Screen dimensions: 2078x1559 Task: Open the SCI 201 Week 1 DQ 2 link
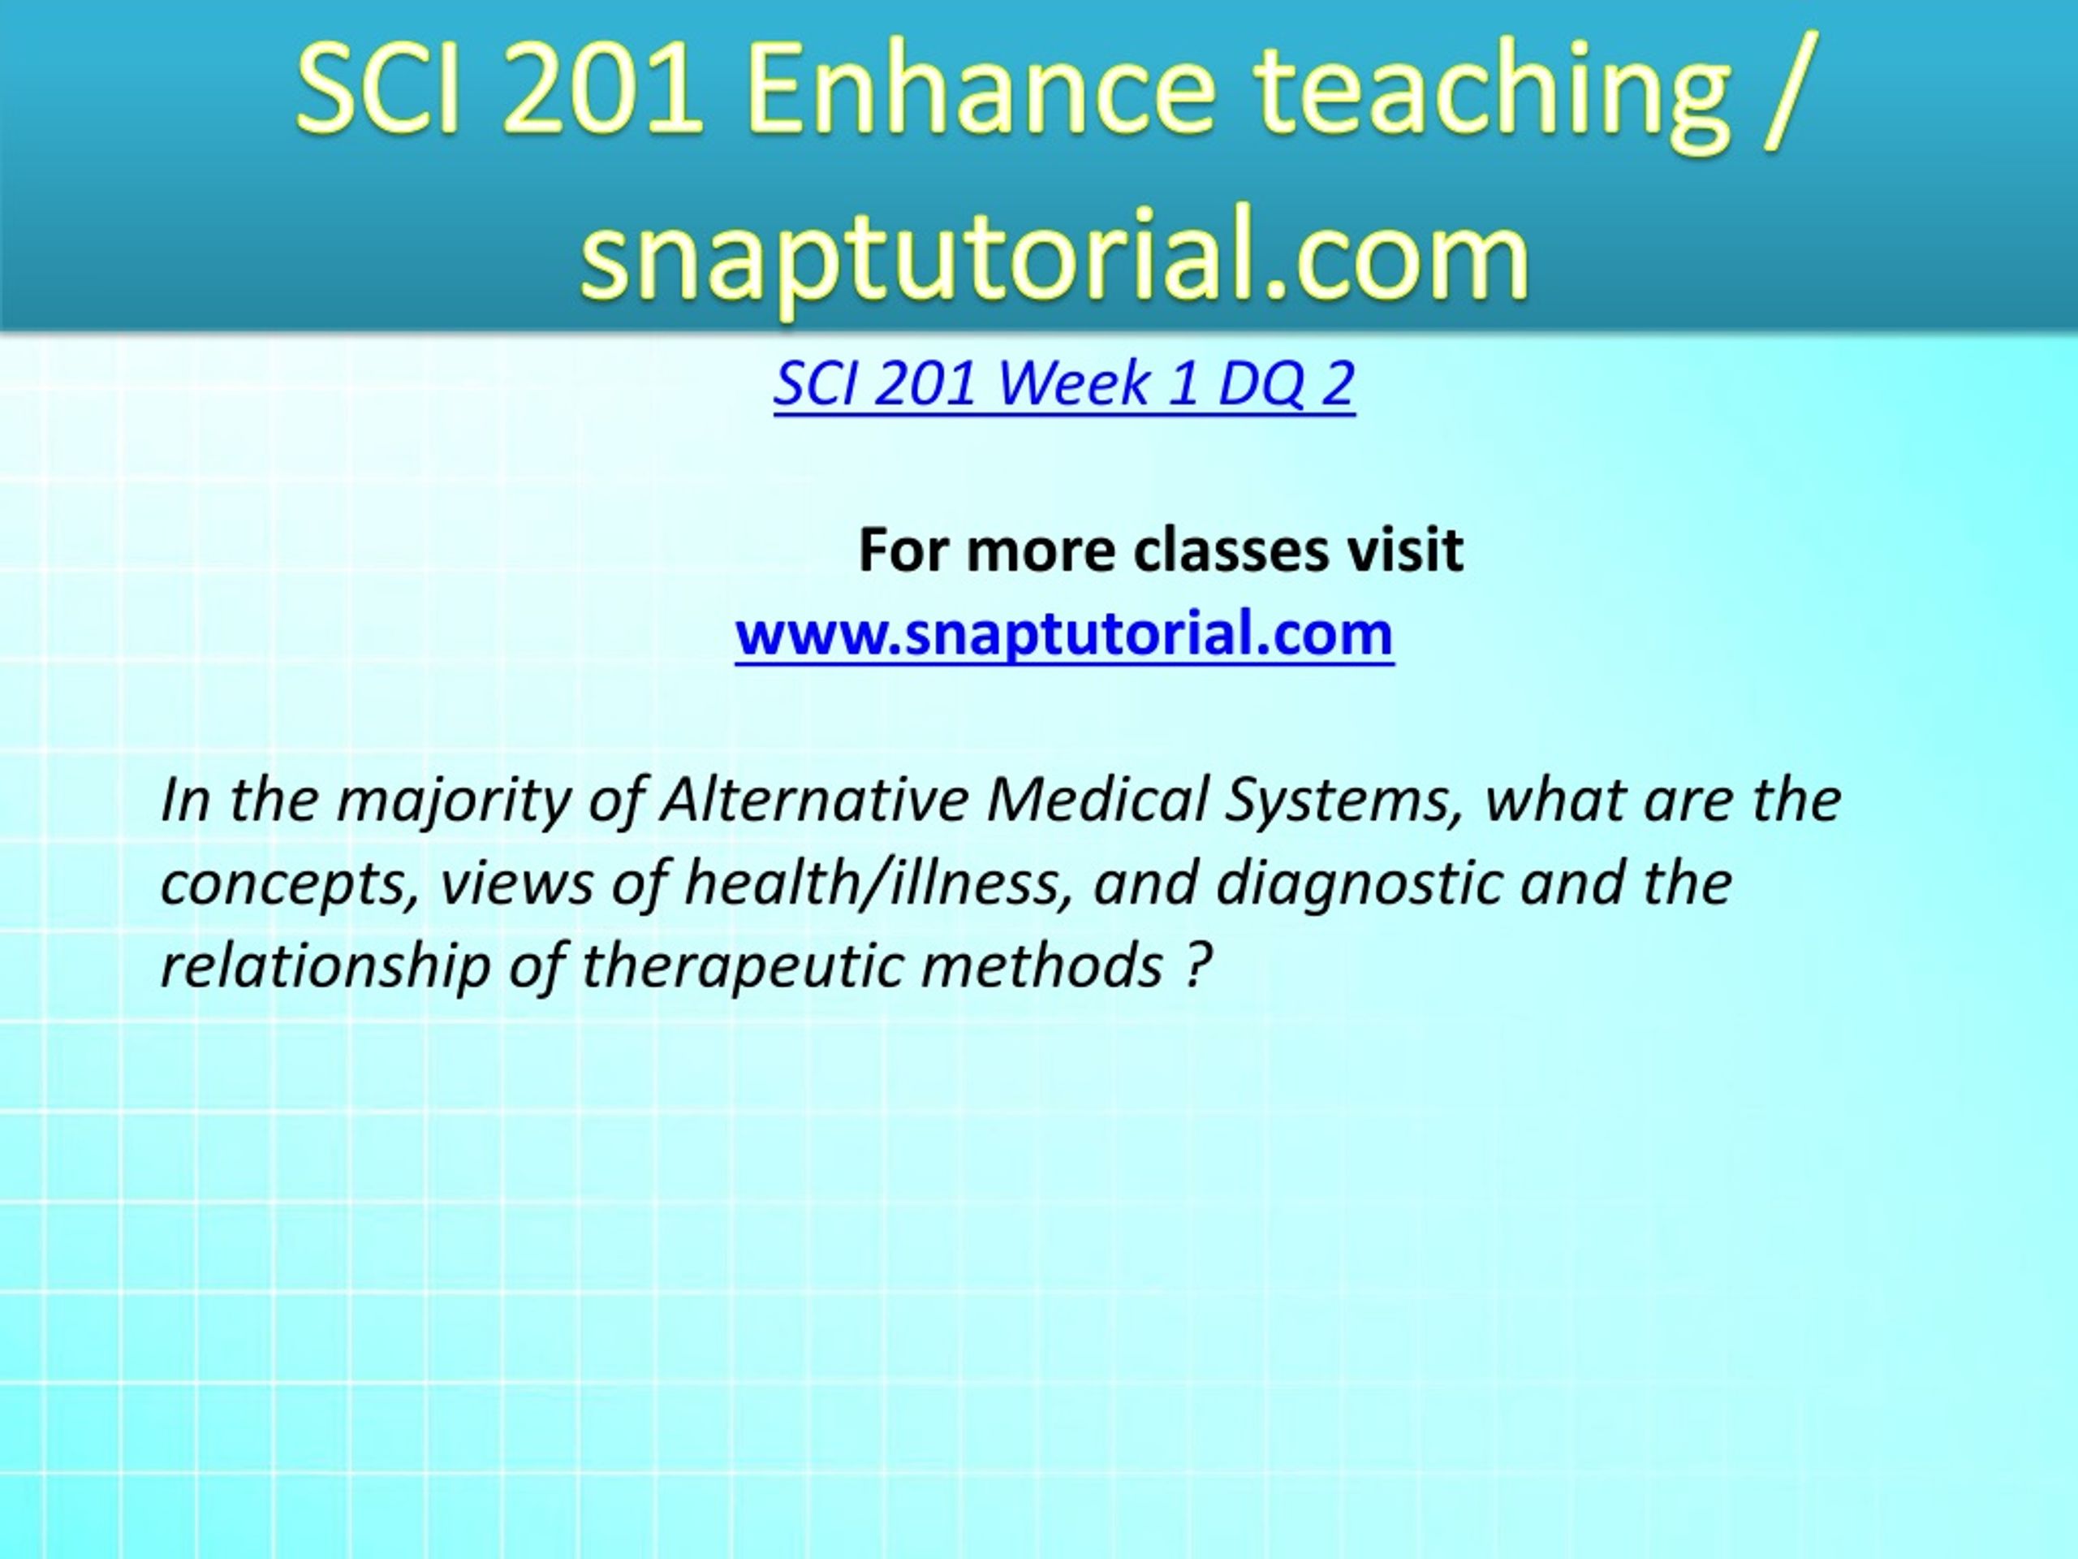[1064, 383]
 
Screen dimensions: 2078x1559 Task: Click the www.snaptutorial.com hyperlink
[1064, 633]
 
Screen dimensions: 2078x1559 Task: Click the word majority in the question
[454, 801]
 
